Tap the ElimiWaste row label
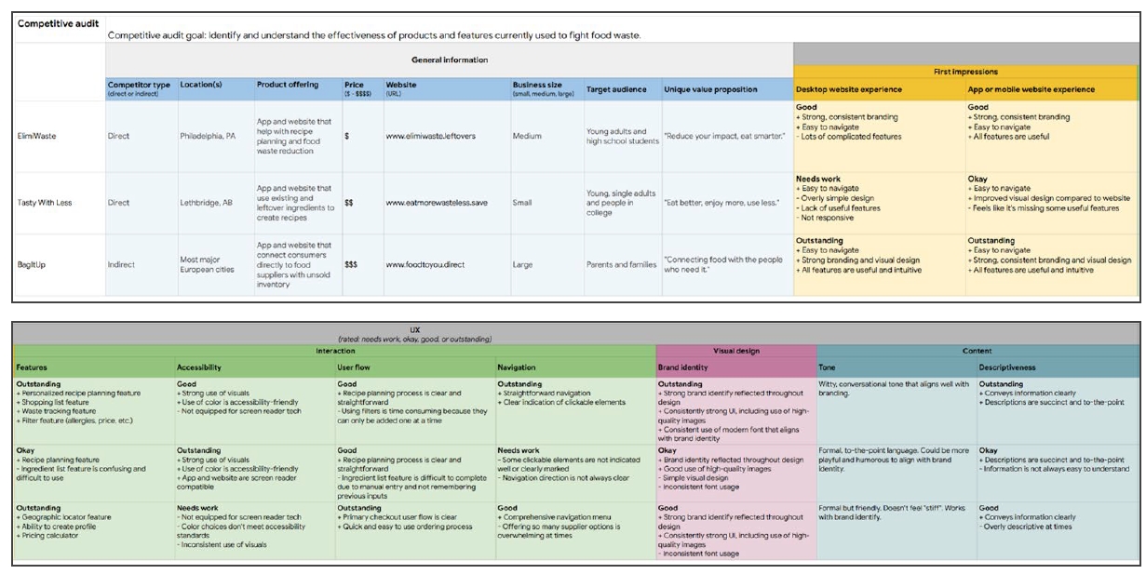point(36,136)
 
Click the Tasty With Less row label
point(46,202)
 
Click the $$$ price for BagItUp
point(351,265)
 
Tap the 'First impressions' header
point(965,72)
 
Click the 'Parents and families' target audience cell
point(621,265)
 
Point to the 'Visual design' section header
point(735,351)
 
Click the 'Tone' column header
point(828,367)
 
